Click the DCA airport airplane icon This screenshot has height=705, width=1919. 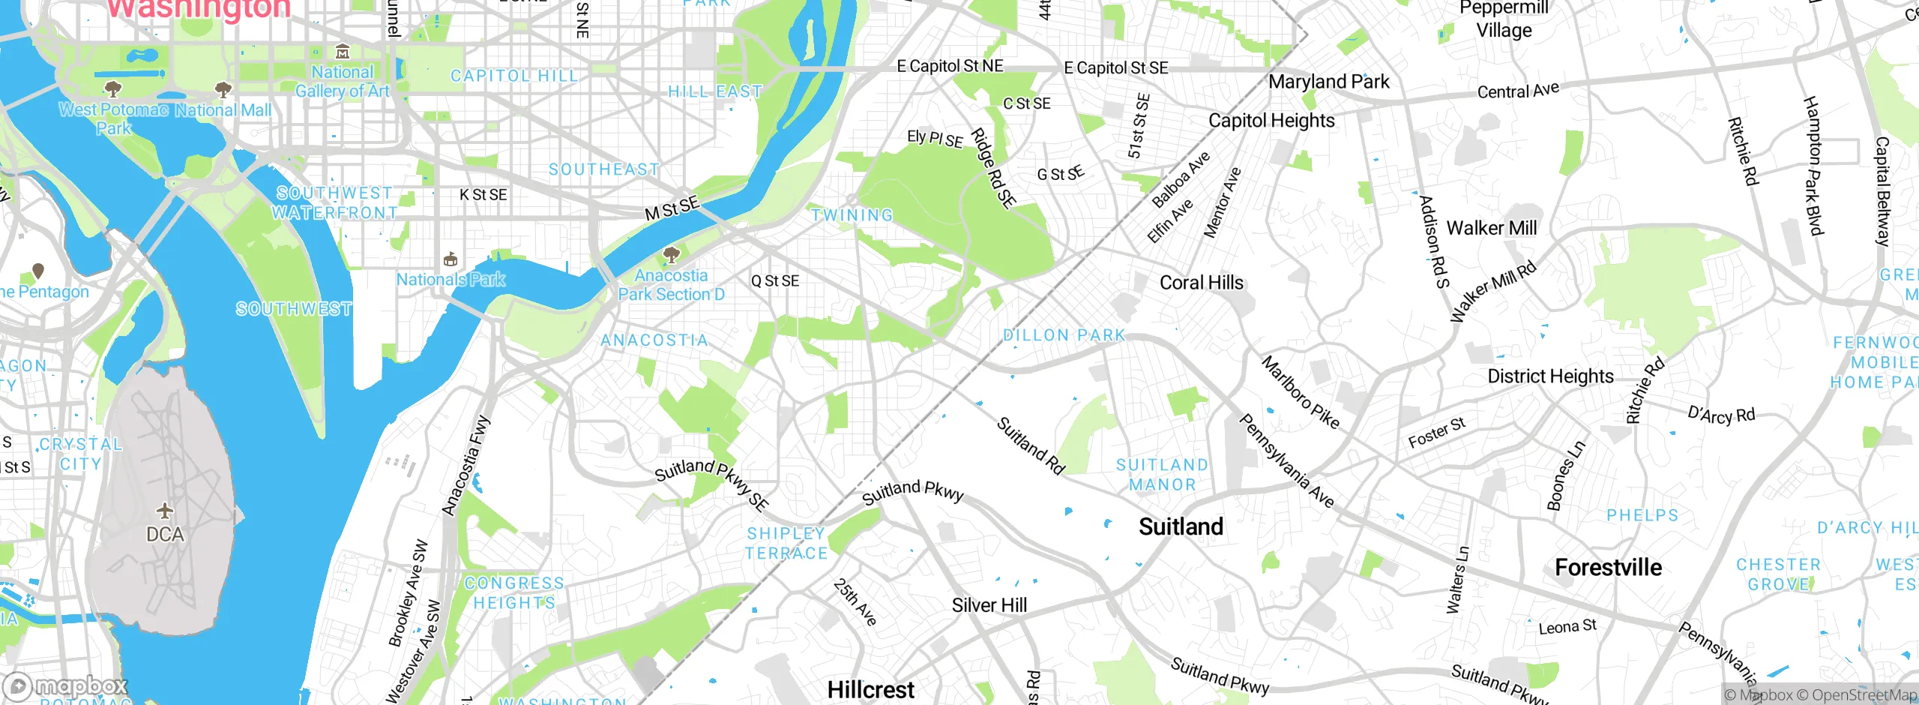tap(165, 511)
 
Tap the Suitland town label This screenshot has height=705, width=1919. tap(1181, 526)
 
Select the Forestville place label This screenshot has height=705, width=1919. tap(1608, 568)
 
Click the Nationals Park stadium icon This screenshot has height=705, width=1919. tap(451, 260)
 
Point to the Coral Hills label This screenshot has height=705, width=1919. tap(1201, 283)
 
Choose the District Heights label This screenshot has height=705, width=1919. tap(1550, 376)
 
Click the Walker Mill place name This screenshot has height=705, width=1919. tap(1491, 228)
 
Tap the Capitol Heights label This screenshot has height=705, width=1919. tap(1271, 121)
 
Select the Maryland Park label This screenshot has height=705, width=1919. tap(1328, 82)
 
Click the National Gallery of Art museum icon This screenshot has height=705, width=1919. tap(343, 52)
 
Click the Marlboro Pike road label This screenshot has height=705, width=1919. tap(1300, 392)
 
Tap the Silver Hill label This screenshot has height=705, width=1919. tap(989, 605)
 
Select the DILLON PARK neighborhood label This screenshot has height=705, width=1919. tap(1064, 335)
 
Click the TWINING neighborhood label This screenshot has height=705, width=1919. tap(852, 215)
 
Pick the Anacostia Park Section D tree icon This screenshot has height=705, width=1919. tap(672, 255)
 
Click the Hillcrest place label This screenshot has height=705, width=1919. tap(870, 689)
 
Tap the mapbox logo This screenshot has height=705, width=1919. tap(66, 686)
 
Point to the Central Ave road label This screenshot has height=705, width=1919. tap(1518, 91)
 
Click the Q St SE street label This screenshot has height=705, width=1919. tap(775, 281)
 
